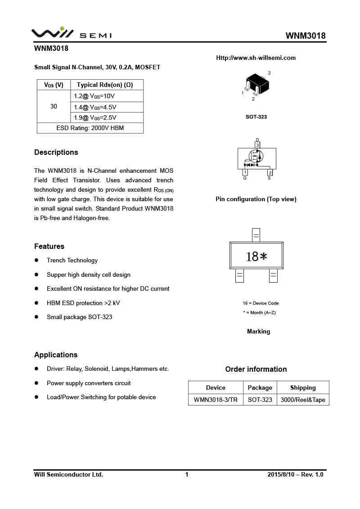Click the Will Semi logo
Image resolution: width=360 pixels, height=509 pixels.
[x=71, y=33]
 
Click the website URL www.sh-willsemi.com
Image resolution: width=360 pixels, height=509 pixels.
[x=256, y=58]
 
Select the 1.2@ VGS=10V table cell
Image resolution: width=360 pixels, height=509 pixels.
[x=94, y=96]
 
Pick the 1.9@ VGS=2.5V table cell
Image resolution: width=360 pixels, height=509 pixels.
[x=95, y=117]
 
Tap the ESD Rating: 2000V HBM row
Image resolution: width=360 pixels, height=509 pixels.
[x=90, y=128]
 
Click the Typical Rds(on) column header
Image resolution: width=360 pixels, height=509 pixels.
[x=105, y=85]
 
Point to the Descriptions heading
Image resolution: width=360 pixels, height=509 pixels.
[x=56, y=152]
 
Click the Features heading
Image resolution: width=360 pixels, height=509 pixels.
[x=49, y=246]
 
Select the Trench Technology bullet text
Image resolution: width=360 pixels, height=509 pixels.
[x=72, y=260]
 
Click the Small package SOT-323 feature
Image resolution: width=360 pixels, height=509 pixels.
[x=80, y=317]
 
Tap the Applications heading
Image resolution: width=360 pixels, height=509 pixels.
[x=56, y=355]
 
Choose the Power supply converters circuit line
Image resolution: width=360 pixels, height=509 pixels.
[x=89, y=383]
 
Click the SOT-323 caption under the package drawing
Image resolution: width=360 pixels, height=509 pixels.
[x=256, y=117]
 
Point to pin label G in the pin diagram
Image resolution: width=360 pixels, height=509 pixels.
[x=245, y=178]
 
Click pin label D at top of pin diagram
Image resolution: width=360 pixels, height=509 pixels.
[x=257, y=140]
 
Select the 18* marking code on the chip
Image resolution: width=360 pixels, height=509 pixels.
[x=256, y=257]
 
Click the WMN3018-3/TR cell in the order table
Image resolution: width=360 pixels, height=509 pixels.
[x=216, y=400]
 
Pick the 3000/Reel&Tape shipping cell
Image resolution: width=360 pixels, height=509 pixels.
[x=302, y=400]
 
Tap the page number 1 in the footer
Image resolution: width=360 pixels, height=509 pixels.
[x=187, y=474]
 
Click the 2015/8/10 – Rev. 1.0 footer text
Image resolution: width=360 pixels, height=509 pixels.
[x=295, y=474]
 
